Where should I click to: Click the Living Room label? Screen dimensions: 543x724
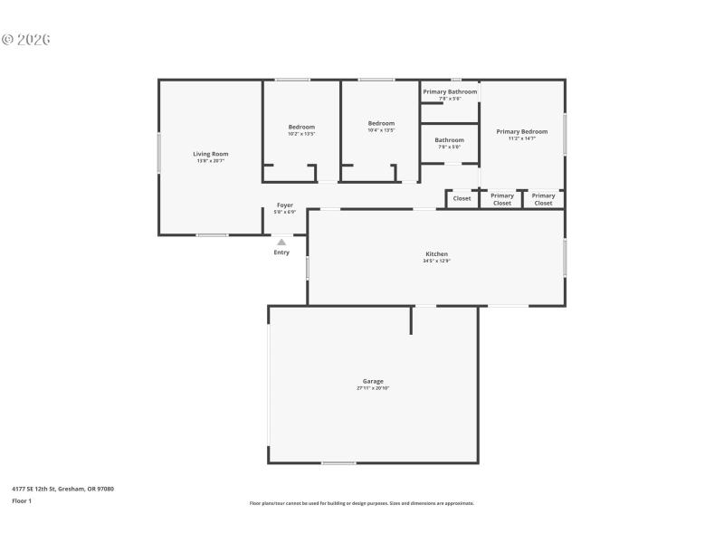click(210, 154)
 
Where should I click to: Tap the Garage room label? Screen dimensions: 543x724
click(373, 381)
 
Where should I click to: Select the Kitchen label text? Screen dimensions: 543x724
click(436, 254)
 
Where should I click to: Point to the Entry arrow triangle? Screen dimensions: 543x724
click(281, 242)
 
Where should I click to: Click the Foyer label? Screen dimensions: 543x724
click(284, 205)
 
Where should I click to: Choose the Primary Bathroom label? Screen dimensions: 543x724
click(450, 91)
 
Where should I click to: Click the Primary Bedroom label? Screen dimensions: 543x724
click(521, 131)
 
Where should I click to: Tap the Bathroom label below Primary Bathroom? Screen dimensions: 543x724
click(449, 140)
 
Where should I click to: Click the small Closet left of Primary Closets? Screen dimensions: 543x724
click(462, 198)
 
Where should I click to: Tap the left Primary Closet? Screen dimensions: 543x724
click(501, 199)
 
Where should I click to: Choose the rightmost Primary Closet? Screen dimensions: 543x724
click(543, 199)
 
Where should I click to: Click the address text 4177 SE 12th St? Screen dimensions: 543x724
click(62, 489)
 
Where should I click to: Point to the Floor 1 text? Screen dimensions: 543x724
click(22, 500)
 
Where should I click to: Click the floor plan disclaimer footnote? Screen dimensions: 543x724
click(361, 503)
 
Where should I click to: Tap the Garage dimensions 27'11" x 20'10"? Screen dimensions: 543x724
click(373, 387)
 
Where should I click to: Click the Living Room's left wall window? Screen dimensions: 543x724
click(159, 153)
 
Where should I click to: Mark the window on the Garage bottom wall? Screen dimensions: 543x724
click(338, 463)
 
